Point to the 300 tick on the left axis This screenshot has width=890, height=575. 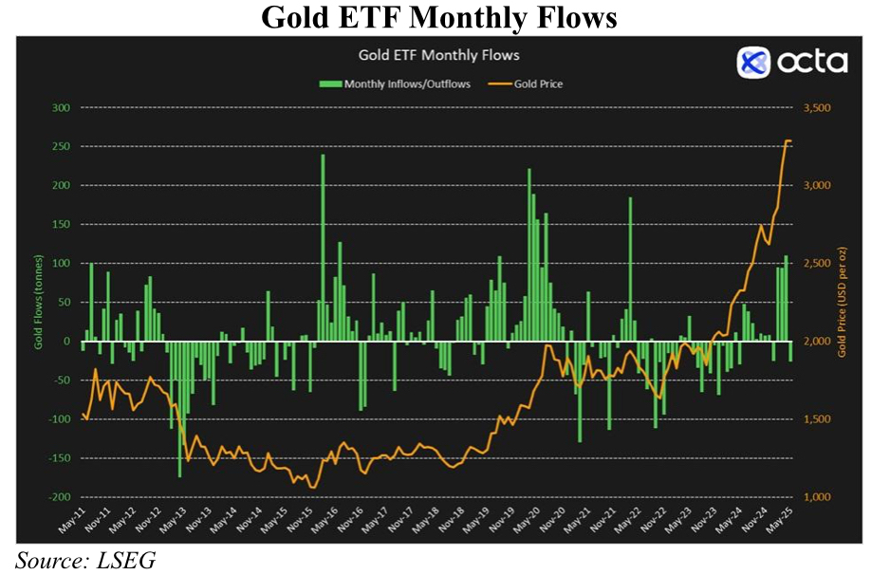click(60, 108)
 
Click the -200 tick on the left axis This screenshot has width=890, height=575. click(58, 497)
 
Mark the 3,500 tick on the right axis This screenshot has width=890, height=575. click(818, 108)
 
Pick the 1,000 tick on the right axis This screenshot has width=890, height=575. click(818, 497)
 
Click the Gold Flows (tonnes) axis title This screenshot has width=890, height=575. click(39, 303)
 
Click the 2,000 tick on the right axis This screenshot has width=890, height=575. click(818, 342)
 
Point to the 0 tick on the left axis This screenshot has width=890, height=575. click(66, 342)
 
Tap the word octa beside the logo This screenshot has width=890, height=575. click(812, 63)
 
